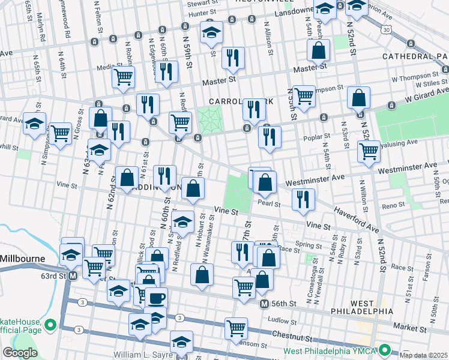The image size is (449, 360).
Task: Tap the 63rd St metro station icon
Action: coord(73,276)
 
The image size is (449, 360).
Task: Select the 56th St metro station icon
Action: coord(264,304)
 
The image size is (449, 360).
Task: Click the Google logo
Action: coord(20,353)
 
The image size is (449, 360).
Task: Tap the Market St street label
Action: coord(409,329)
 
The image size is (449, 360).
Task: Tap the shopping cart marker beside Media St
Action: coord(123,76)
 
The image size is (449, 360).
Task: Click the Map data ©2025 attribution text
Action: coord(424,355)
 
